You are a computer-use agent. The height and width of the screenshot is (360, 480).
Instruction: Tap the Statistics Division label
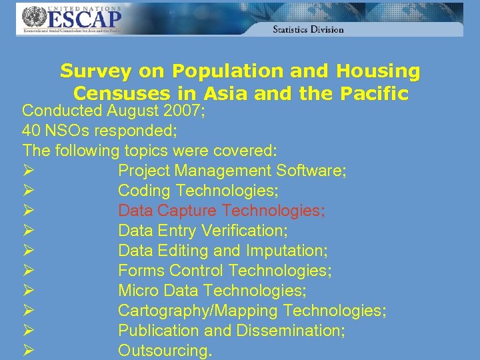point(308,29)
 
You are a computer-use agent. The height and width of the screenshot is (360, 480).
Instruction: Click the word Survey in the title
point(97,71)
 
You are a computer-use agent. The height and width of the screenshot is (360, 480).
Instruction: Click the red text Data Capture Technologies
point(221,211)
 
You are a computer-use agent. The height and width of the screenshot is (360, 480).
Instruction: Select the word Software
point(309,171)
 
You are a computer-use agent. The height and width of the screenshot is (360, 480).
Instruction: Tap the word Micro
point(139,291)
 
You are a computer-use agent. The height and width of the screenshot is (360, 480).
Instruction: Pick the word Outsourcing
point(165,351)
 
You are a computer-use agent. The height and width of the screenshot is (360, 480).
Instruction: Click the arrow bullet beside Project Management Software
point(29,171)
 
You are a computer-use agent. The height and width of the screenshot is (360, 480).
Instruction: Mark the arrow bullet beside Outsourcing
point(29,351)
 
